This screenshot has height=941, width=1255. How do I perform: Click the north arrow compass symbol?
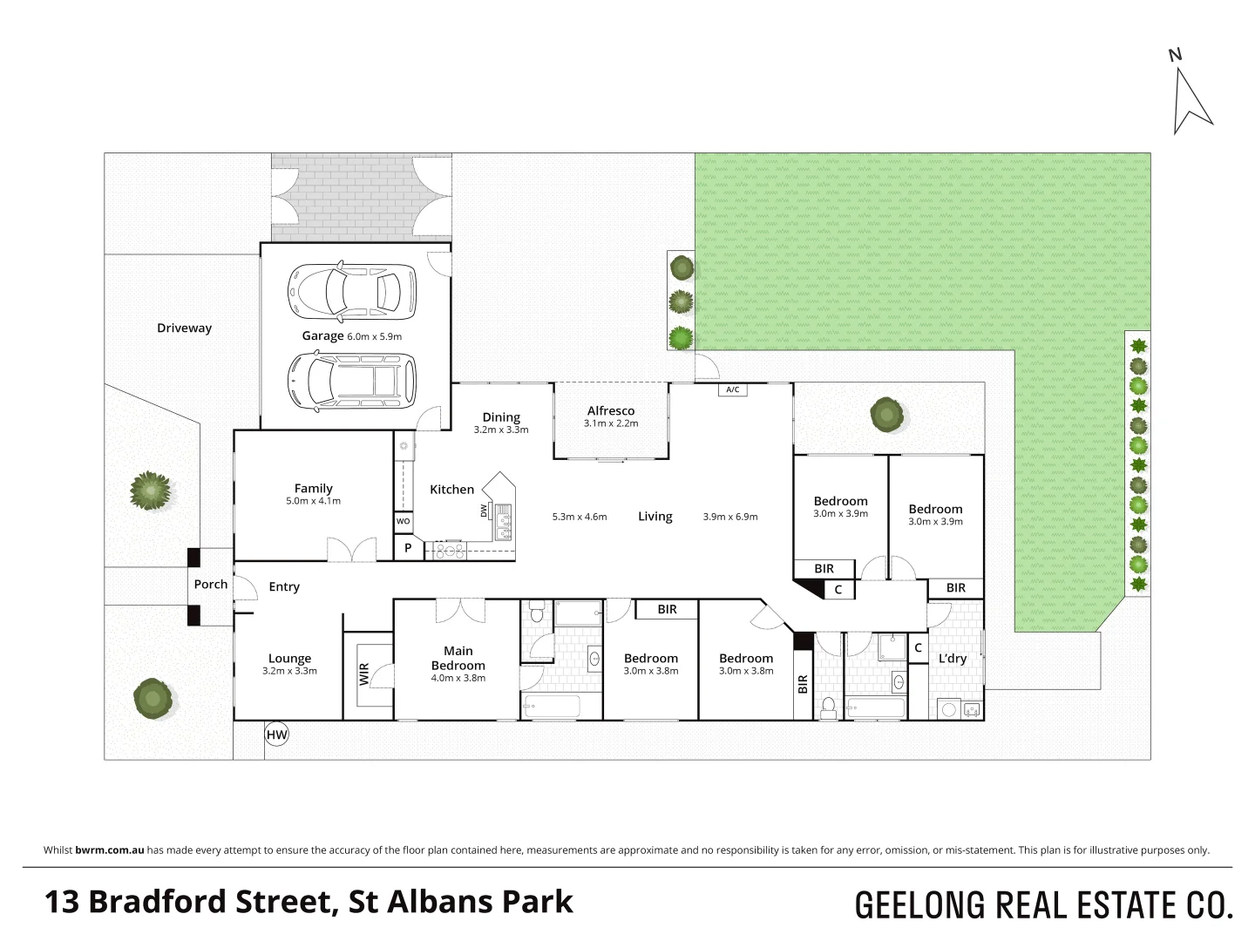(x=1191, y=98)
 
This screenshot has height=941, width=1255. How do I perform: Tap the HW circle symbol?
(x=276, y=735)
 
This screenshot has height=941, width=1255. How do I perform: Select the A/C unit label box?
(x=733, y=389)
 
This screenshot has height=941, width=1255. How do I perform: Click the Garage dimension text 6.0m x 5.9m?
(x=374, y=336)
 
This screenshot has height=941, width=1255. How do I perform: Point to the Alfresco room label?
(x=610, y=410)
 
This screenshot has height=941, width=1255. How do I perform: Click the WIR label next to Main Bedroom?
(x=364, y=674)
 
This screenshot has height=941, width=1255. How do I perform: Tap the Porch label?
(x=210, y=585)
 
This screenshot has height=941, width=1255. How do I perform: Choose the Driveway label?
(x=184, y=328)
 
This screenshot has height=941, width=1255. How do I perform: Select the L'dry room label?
(x=952, y=659)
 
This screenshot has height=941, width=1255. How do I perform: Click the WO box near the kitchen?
(x=403, y=521)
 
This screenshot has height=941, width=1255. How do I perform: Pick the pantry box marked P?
(x=407, y=549)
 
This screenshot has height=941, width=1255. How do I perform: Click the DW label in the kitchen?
(x=484, y=511)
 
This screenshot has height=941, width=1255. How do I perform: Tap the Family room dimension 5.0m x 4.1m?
(x=313, y=501)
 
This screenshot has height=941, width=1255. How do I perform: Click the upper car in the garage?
(x=352, y=291)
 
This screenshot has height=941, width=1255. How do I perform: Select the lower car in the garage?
(x=352, y=380)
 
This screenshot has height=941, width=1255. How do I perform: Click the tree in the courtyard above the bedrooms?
(x=886, y=414)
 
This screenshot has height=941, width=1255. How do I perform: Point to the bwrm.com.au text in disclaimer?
(x=109, y=850)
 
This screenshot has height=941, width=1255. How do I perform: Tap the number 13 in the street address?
(x=62, y=902)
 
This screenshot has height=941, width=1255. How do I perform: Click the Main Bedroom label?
(x=458, y=658)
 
